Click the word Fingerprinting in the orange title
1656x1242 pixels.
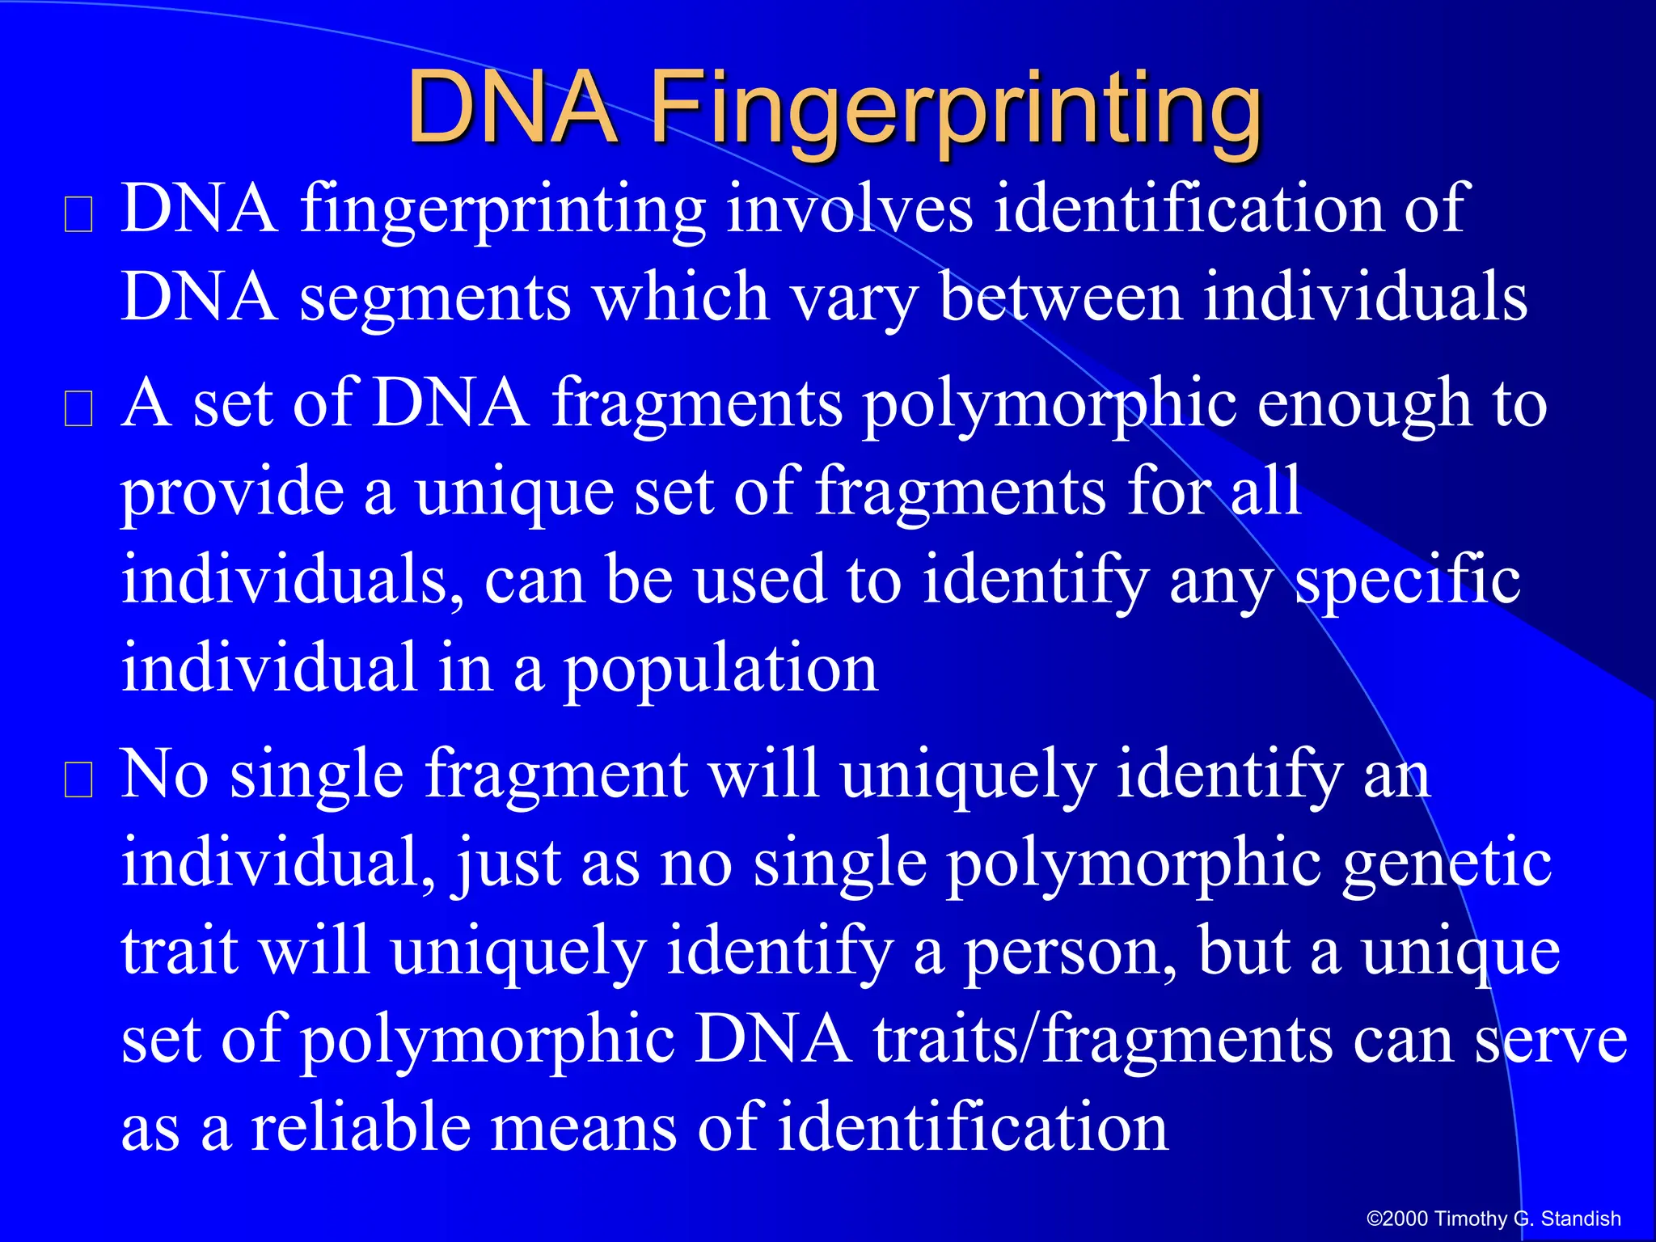[956, 109]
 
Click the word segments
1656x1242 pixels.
[436, 298]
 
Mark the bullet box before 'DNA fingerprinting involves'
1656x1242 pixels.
[78, 215]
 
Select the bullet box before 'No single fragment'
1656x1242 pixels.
[78, 780]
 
